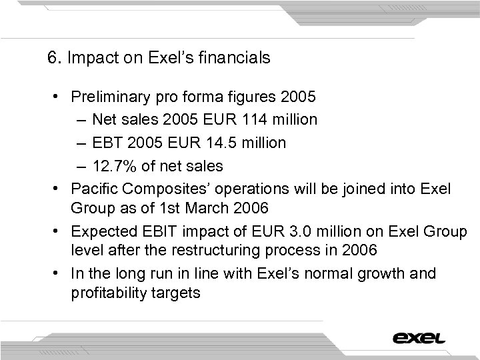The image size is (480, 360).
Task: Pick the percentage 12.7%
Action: click(x=113, y=166)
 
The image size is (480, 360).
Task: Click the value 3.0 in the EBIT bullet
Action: click(x=295, y=231)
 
